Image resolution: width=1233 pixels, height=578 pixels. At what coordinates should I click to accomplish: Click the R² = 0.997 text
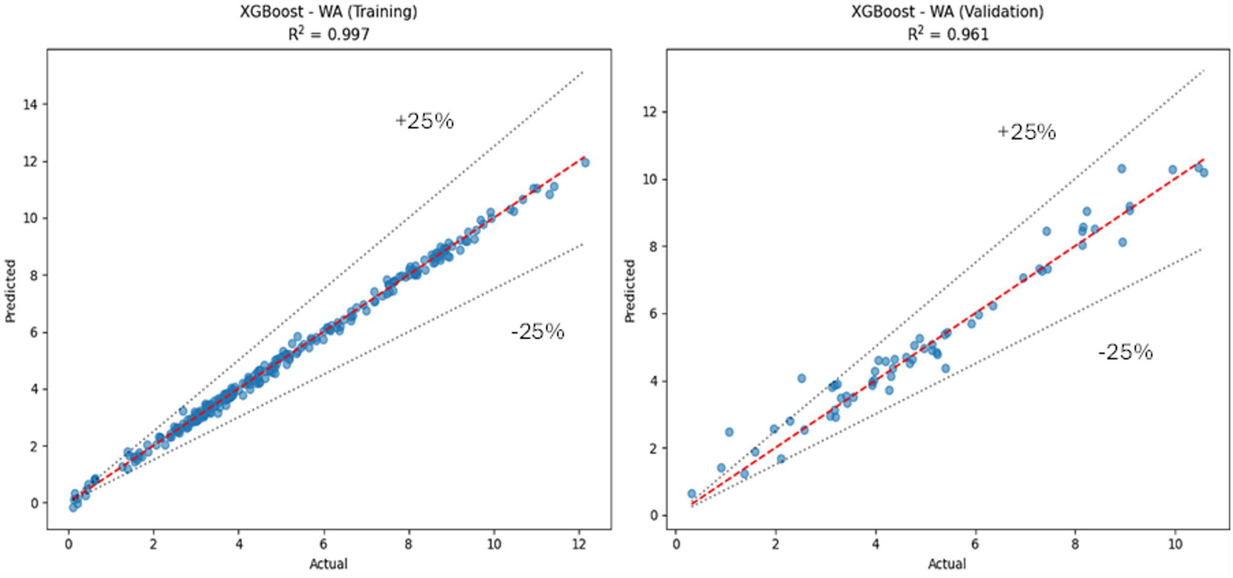[x=329, y=34]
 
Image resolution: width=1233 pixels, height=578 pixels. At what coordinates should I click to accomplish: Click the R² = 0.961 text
[x=947, y=34]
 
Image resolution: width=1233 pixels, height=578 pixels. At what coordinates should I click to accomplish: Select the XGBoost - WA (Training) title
[x=329, y=12]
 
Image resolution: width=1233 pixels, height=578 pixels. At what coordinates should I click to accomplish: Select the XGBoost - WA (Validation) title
[x=947, y=12]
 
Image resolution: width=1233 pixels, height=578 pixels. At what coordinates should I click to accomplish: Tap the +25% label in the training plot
[x=424, y=121]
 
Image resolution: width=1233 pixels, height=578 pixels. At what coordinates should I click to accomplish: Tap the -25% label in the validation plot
[x=1126, y=352]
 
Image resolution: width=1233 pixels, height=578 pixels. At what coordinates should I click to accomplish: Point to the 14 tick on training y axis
[x=30, y=104]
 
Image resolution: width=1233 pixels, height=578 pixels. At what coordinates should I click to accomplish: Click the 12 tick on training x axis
[x=578, y=544]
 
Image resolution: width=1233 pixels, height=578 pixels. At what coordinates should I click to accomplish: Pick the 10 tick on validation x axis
[x=1175, y=544]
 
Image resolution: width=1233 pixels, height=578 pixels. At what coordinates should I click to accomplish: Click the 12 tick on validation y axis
[x=650, y=112]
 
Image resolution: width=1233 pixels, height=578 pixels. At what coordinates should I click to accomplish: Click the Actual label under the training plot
[x=329, y=564]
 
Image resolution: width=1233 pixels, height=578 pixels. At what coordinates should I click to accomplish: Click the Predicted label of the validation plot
[x=630, y=291]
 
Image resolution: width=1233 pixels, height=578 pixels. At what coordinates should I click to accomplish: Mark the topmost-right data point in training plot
[x=585, y=163]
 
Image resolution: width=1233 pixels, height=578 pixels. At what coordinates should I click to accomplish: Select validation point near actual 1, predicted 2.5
[x=729, y=432]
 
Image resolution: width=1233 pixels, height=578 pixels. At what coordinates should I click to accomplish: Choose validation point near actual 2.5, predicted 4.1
[x=801, y=378]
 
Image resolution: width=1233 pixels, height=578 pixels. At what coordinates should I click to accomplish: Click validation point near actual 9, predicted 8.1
[x=1122, y=243]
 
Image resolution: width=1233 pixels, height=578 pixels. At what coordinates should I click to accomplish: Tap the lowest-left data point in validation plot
[x=692, y=494]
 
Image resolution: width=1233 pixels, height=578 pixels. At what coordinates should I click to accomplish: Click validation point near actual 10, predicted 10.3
[x=1172, y=170]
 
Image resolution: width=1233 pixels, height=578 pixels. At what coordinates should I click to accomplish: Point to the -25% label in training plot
[x=537, y=332]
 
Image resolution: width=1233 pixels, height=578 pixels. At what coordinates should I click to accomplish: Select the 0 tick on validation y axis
[x=655, y=515]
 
